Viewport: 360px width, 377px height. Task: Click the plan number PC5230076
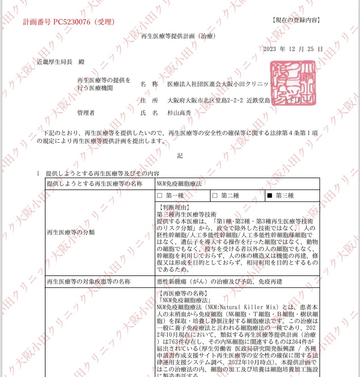pyautogui.click(x=72, y=22)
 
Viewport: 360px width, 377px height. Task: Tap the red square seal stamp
pyautogui.click(x=293, y=83)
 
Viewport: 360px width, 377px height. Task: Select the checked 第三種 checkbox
pyautogui.click(x=270, y=196)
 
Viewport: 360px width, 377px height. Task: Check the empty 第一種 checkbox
pyautogui.click(x=160, y=196)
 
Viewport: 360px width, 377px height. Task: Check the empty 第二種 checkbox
pyautogui.click(x=215, y=196)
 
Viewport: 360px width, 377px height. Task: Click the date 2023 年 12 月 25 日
pyautogui.click(x=293, y=49)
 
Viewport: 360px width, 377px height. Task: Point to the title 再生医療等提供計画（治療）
pyautogui.click(x=179, y=36)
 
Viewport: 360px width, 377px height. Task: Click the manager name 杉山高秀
pyautogui.click(x=179, y=113)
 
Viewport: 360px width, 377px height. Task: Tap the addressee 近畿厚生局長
pyautogui.click(x=55, y=62)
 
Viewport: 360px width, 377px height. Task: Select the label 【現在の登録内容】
pyautogui.click(x=296, y=20)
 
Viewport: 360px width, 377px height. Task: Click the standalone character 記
pyautogui.click(x=180, y=156)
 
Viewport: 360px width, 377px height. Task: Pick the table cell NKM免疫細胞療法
pyautogui.click(x=179, y=184)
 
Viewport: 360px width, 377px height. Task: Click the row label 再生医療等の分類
pyautogui.click(x=71, y=232)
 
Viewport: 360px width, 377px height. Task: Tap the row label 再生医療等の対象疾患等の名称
pyautogui.click(x=89, y=281)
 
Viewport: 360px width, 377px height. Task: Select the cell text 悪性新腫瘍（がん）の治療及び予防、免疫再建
pyautogui.click(x=219, y=281)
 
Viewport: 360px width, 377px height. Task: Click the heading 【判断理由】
pyautogui.click(x=173, y=207)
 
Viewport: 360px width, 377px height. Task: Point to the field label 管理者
pyautogui.click(x=86, y=113)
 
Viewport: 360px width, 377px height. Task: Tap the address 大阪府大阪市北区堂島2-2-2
pyautogui.click(x=205, y=100)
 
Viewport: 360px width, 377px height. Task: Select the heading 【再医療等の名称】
pyautogui.click(x=182, y=294)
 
